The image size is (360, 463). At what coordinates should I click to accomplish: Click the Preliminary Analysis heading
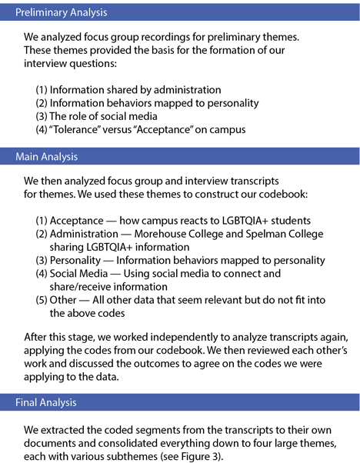click(62, 12)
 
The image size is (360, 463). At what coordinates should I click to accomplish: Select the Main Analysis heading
click(46, 157)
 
